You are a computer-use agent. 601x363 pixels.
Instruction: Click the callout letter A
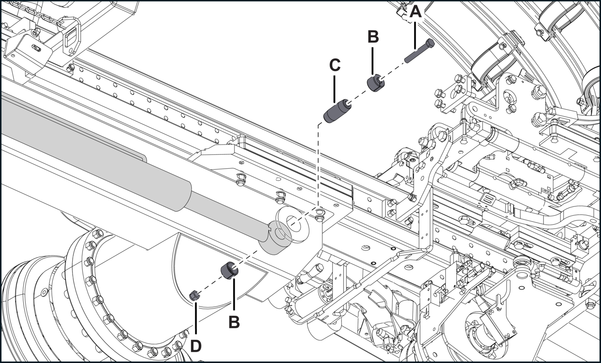[415, 12]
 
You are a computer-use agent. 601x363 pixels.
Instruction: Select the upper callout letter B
[373, 36]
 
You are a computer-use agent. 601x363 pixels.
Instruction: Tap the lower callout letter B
[234, 322]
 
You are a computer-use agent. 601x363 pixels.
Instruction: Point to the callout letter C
[334, 65]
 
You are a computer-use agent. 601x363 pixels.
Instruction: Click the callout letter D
[196, 346]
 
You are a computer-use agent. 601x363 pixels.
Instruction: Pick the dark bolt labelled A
[419, 51]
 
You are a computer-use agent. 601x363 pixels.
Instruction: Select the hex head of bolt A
[430, 43]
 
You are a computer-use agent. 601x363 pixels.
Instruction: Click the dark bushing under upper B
[376, 82]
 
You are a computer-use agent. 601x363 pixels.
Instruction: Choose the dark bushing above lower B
[229, 270]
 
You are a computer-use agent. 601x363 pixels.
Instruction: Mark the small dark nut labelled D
[194, 296]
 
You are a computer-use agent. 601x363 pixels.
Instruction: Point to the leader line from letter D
[196, 319]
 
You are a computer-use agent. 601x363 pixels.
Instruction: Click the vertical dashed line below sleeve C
[318, 166]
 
